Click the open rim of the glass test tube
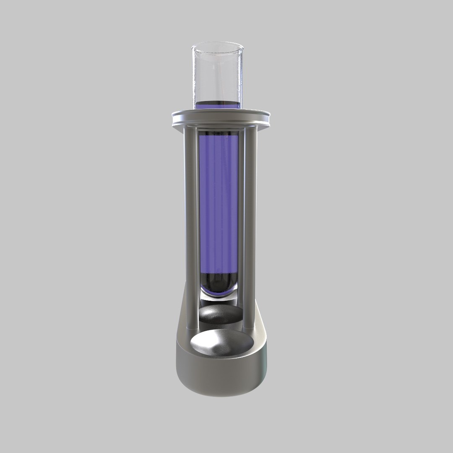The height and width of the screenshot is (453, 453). coord(217,44)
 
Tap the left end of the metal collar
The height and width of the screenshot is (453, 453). coord(174,117)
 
